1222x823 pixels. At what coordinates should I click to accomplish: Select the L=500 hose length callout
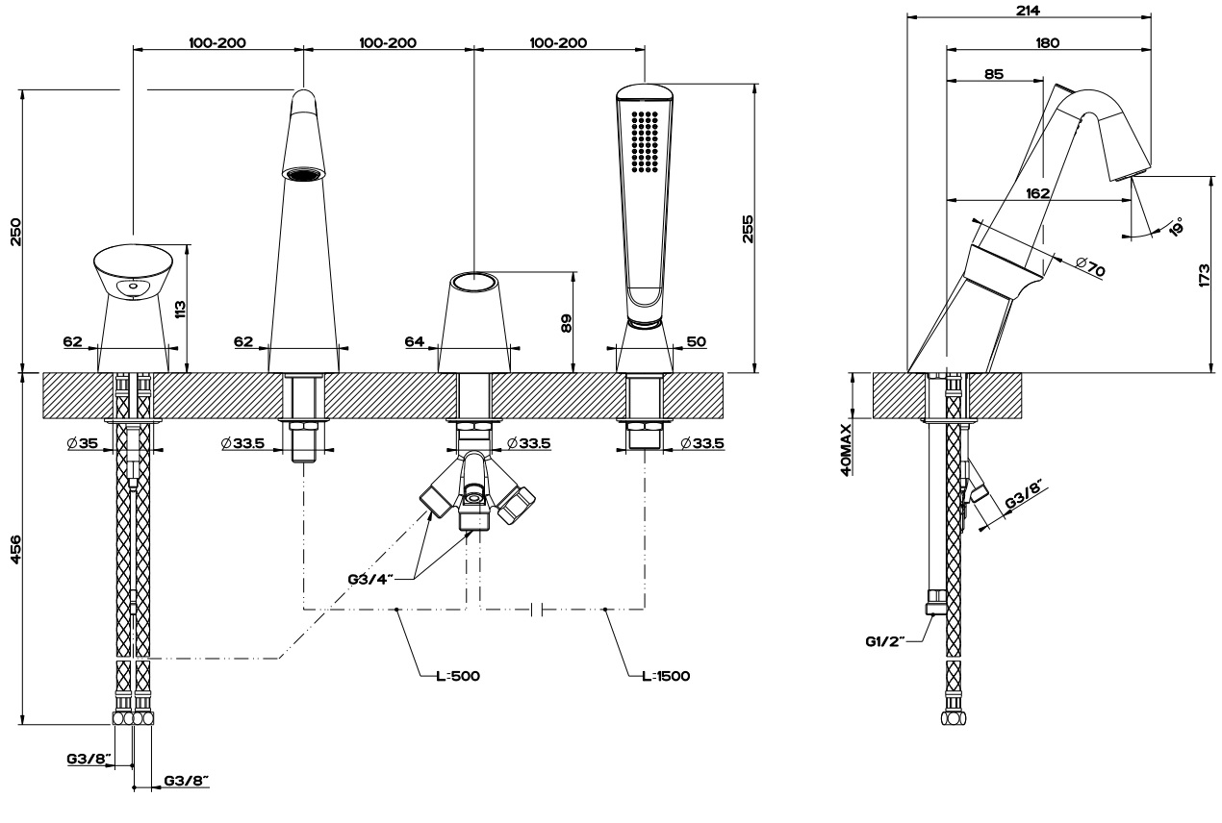tap(457, 675)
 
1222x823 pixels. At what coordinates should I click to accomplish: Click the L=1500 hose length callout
tap(666, 675)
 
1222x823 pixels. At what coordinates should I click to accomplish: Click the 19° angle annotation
tap(1175, 224)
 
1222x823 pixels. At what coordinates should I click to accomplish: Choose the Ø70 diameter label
tap(1091, 267)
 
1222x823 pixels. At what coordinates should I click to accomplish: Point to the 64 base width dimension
tap(415, 341)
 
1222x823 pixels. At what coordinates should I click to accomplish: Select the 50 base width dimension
tap(696, 341)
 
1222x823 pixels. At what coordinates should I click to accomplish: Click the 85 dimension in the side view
tap(994, 73)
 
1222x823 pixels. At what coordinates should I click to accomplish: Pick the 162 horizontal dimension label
tap(1037, 193)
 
